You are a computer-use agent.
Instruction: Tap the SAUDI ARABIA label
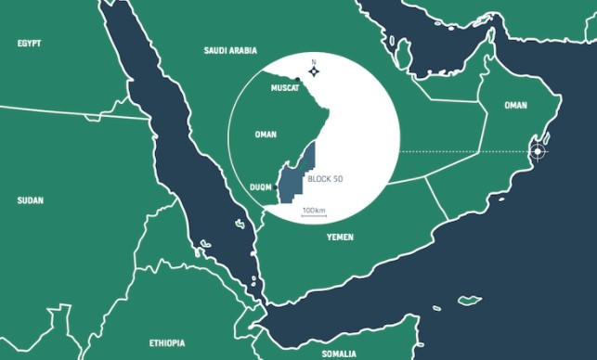(229, 51)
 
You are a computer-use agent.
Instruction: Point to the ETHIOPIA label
(168, 342)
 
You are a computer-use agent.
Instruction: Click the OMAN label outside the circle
(515, 105)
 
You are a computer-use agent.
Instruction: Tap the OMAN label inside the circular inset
(266, 135)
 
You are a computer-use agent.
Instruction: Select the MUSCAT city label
(284, 87)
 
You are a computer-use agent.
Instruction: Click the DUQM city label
(261, 186)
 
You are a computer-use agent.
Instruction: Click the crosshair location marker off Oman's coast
(537, 150)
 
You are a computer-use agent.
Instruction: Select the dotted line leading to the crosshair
(464, 150)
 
